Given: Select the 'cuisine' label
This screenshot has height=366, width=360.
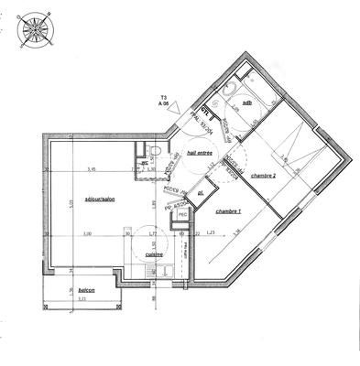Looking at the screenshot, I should (155, 254).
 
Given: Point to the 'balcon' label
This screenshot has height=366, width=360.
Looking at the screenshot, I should (87, 290).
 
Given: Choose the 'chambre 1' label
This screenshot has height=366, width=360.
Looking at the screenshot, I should (228, 211).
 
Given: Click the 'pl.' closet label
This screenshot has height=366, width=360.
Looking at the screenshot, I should (200, 193).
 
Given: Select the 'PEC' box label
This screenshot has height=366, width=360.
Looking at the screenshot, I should (183, 215).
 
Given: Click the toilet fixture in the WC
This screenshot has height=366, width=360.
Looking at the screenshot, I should (157, 149).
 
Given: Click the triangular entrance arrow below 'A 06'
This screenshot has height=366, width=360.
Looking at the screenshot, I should (167, 115).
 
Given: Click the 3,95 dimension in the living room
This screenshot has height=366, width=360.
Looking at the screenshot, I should (91, 169).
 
